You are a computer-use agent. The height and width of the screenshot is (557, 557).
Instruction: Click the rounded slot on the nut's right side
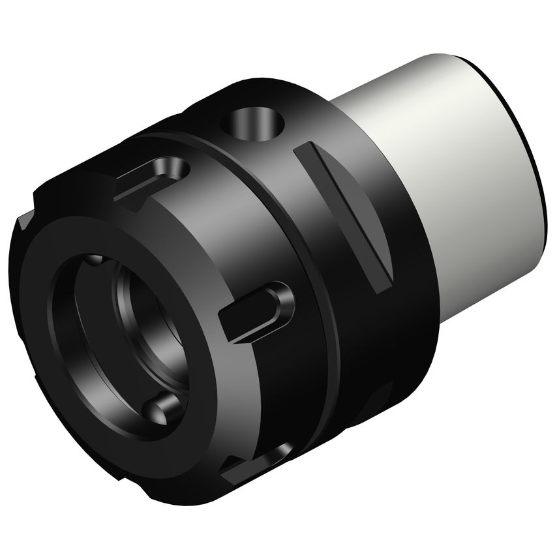point(258,312)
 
